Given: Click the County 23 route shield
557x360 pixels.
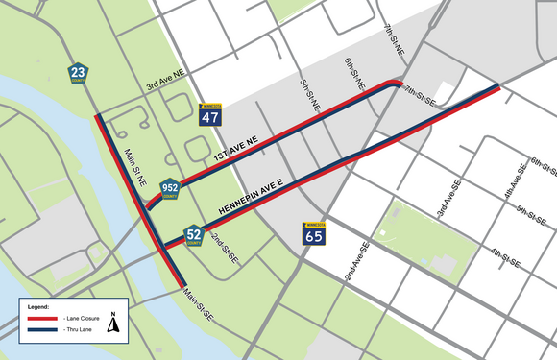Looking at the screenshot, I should (x=78, y=73).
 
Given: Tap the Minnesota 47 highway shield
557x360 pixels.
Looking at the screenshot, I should (x=209, y=115).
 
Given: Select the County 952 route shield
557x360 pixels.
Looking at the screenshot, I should (x=169, y=189).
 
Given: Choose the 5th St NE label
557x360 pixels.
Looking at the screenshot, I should (x=309, y=94).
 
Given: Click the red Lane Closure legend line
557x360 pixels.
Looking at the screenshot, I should (x=41, y=316).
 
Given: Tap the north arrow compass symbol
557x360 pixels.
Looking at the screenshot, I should (x=113, y=323).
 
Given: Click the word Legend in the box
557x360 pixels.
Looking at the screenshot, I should (x=36, y=305).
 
